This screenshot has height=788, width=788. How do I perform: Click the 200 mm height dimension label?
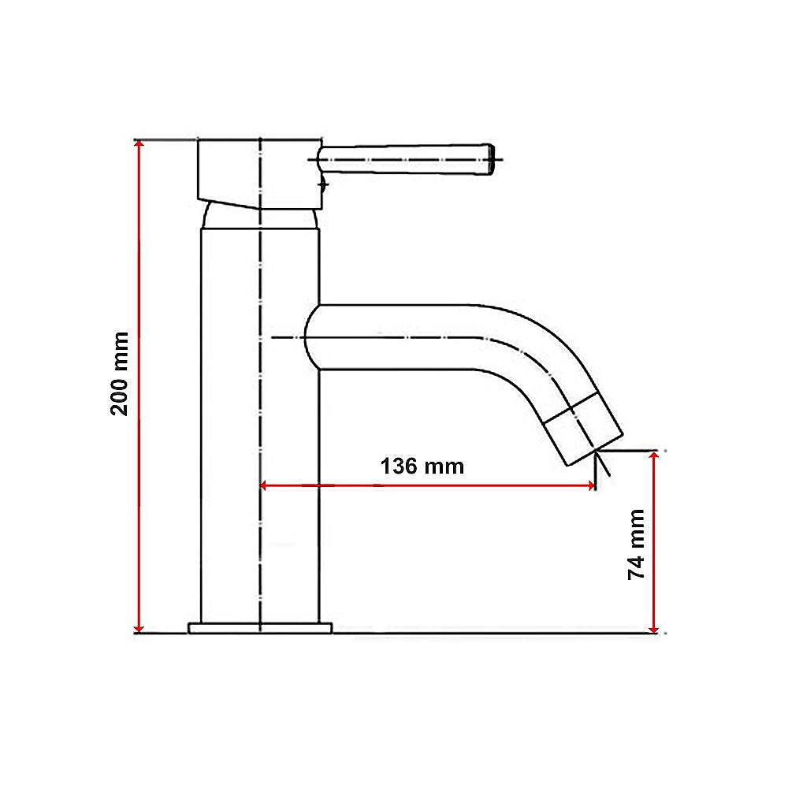pyautogui.click(x=120, y=374)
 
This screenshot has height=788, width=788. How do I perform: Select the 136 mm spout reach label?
pyautogui.click(x=422, y=466)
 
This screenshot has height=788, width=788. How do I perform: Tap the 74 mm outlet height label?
pyautogui.click(x=636, y=545)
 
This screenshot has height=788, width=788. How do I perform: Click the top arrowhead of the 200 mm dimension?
pyautogui.click(x=139, y=147)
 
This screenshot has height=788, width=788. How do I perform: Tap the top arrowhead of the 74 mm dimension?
pyautogui.click(x=653, y=457)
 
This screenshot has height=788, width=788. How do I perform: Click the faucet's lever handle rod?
pyautogui.click(x=402, y=158)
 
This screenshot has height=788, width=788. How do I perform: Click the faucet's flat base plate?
pyautogui.click(x=260, y=627)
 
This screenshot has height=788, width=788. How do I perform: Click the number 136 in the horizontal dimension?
pyautogui.click(x=399, y=466)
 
